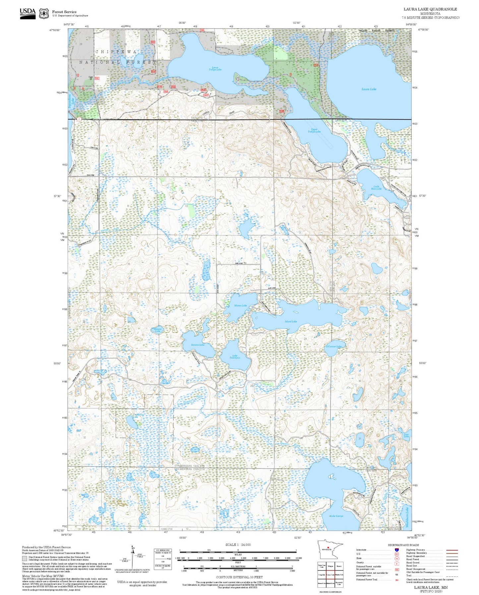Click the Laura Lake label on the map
pos(369,89)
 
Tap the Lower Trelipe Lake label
pos(215,68)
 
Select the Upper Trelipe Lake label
pos(314,130)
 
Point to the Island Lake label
pos(291,321)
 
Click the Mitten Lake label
pos(240,305)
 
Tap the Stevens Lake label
pos(198,345)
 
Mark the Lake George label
pos(336,516)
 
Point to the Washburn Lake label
pos(407,514)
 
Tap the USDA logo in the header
pos(28,13)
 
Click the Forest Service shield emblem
pos(44,14)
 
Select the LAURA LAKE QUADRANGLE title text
pos(430,9)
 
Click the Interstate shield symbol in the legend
pos(396,550)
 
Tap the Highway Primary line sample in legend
pos(452,550)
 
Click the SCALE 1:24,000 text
pos(238,545)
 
